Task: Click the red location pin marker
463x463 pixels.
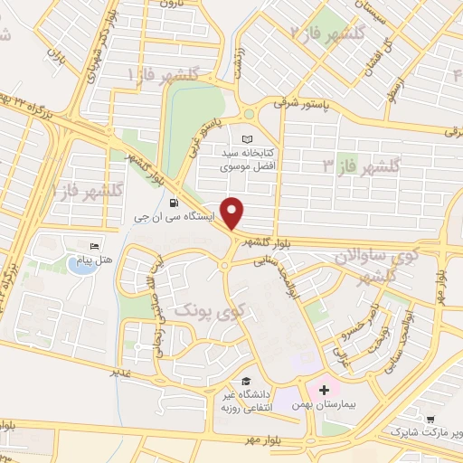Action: tap(233, 213)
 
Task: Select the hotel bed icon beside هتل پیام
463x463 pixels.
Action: tap(94, 247)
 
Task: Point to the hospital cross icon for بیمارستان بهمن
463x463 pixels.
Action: tap(322, 390)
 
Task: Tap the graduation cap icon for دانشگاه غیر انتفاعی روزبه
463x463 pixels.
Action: tap(246, 382)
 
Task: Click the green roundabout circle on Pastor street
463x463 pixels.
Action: tap(248, 114)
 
